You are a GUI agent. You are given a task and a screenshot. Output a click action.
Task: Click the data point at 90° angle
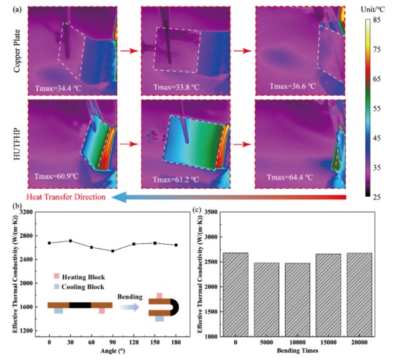(113, 250)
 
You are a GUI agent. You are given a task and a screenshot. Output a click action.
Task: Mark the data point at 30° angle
(71, 241)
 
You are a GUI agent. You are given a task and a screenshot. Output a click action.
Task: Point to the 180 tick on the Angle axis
(176, 342)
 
